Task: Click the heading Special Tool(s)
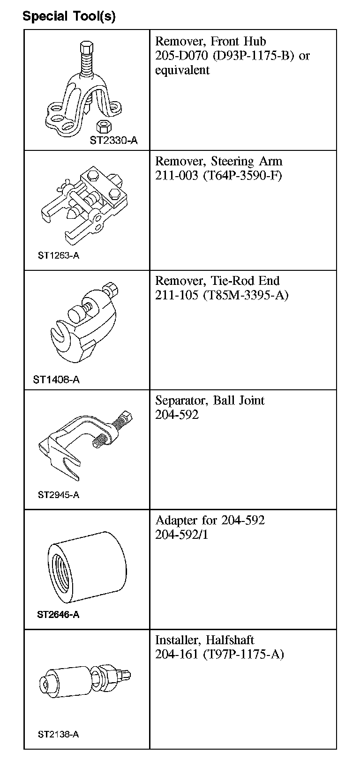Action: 69,17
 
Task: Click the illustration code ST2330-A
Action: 114,141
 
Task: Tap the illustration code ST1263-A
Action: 59,256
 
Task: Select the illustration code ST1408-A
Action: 56,380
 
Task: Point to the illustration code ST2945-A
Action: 59,495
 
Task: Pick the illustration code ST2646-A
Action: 58,615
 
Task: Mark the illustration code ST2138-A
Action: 58,734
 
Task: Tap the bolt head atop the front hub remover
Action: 86,48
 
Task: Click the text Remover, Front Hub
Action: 210,41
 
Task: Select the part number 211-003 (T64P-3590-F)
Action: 218,176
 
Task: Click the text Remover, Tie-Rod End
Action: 217,281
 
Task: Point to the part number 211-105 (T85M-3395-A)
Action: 222,295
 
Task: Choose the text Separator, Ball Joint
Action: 210,401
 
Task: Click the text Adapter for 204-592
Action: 210,520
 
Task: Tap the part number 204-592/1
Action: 181,535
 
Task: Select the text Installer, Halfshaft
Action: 204,640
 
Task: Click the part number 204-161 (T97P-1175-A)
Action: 219,654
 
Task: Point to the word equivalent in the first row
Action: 182,70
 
